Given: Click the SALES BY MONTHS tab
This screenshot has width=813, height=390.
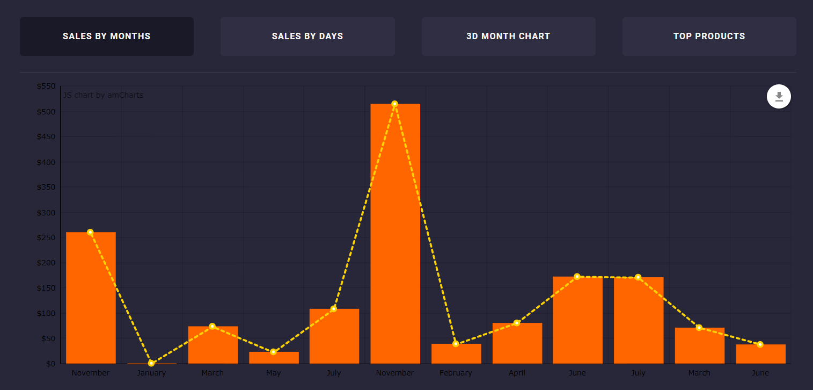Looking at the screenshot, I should (x=106, y=37).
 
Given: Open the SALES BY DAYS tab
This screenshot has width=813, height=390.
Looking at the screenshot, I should (x=307, y=37).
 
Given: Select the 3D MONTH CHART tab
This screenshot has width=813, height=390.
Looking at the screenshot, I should (x=508, y=37).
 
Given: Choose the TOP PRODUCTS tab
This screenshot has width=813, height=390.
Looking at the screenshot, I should (x=709, y=37).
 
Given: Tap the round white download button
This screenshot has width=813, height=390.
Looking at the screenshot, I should (x=779, y=97).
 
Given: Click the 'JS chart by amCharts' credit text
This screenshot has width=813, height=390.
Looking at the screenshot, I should (x=103, y=96).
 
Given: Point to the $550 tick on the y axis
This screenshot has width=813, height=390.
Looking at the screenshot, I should (x=46, y=86).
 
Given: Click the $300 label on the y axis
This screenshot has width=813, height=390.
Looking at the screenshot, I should (x=46, y=213).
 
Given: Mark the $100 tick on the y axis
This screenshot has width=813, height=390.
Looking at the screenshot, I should (x=46, y=313).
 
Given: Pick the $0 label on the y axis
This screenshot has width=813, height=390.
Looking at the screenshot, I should (x=50, y=364).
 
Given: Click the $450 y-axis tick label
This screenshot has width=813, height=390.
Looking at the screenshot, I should (x=46, y=137).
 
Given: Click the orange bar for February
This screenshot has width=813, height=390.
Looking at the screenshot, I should (x=456, y=353).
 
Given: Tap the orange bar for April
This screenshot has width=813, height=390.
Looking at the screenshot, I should (x=517, y=343).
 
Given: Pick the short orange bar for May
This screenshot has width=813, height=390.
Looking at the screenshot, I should (x=274, y=358).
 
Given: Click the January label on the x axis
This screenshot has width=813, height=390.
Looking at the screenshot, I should (x=151, y=373).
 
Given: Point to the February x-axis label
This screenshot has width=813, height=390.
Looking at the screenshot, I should (x=456, y=373).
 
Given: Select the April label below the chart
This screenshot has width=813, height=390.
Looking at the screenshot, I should (x=517, y=373).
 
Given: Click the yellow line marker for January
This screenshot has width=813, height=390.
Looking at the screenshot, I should (x=151, y=363).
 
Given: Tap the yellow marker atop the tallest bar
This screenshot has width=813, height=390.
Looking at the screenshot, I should (x=395, y=104).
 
